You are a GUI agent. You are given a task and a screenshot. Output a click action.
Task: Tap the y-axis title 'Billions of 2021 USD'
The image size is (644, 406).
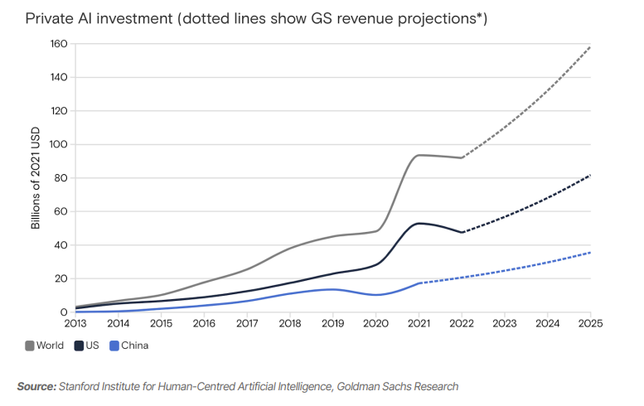pyautogui.click(x=36, y=178)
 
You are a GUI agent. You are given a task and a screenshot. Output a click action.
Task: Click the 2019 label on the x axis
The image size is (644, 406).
pyautogui.click(x=332, y=324)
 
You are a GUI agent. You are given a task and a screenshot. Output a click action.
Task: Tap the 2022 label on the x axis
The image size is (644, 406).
pyautogui.click(x=462, y=324)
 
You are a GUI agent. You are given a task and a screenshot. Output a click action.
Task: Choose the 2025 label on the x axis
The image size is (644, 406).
pyautogui.click(x=589, y=324)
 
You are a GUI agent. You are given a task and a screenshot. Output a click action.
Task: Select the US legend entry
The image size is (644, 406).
pyautogui.click(x=92, y=345)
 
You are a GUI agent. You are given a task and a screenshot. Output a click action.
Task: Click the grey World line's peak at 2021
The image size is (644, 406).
pyautogui.click(x=419, y=155)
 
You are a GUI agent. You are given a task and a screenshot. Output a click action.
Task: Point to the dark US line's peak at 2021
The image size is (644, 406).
pyautogui.click(x=419, y=223)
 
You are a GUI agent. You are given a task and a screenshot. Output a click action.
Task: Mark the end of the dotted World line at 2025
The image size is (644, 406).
pyautogui.click(x=590, y=46)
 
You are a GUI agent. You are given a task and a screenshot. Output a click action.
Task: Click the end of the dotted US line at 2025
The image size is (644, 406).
pyautogui.click(x=590, y=175)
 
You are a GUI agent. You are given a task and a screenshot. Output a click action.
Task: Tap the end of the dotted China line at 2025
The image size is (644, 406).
pyautogui.click(x=590, y=252)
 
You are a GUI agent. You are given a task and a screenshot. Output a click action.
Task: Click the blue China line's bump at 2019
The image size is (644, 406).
pyautogui.click(x=332, y=289)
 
